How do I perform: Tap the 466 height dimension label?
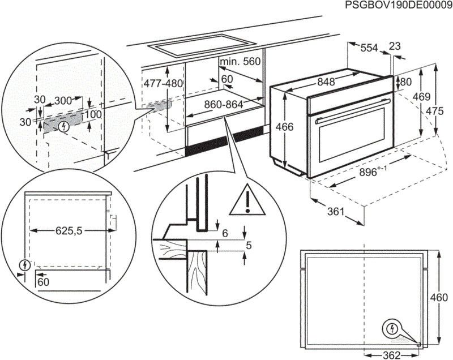(x=285, y=127)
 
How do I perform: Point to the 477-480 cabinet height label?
(x=164, y=83)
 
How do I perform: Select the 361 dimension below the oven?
(x=336, y=212)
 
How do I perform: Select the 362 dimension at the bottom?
(x=390, y=355)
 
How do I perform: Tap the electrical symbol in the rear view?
(x=391, y=328)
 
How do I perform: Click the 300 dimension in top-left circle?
(x=62, y=101)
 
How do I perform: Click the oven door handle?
(x=352, y=112)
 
